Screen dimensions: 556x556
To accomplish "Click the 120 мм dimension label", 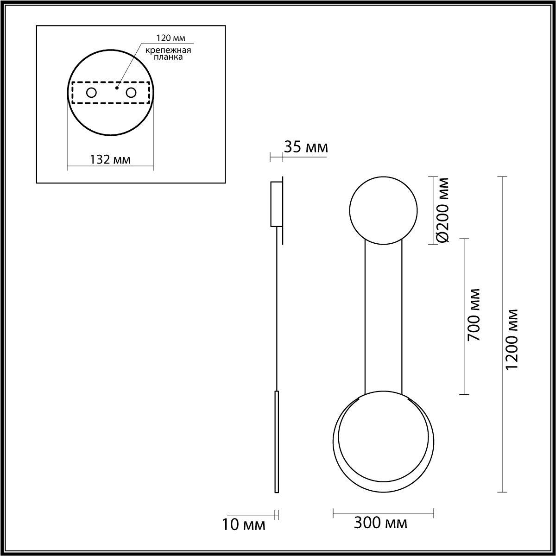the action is tap(171, 38).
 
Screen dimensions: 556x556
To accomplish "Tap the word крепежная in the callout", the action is tap(168, 51).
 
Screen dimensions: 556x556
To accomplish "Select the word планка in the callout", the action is tap(168, 57).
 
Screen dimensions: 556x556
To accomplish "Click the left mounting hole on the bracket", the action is tap(91, 93).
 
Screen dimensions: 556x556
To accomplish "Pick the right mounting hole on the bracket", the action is tap(131, 93).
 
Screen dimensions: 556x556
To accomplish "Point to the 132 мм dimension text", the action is tap(110, 159).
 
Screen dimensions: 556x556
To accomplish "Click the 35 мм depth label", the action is tap(306, 147).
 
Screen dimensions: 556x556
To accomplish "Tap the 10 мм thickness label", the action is tap(244, 524).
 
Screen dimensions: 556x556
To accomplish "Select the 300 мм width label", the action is tap(380, 523).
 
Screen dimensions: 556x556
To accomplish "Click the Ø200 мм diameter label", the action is tap(442, 210).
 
